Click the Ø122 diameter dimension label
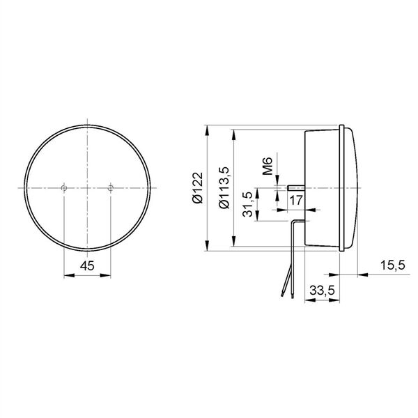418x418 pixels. click(198, 187)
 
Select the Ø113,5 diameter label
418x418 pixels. click(224, 187)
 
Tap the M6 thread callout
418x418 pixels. click(268, 166)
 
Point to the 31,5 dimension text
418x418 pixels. click(248, 204)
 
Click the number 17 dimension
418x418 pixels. click(295, 200)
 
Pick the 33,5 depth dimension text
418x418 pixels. click(322, 290)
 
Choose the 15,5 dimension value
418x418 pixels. click(393, 265)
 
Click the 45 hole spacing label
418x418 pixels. click(87, 265)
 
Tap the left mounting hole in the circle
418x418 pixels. click(63, 188)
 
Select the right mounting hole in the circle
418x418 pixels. click(110, 188)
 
